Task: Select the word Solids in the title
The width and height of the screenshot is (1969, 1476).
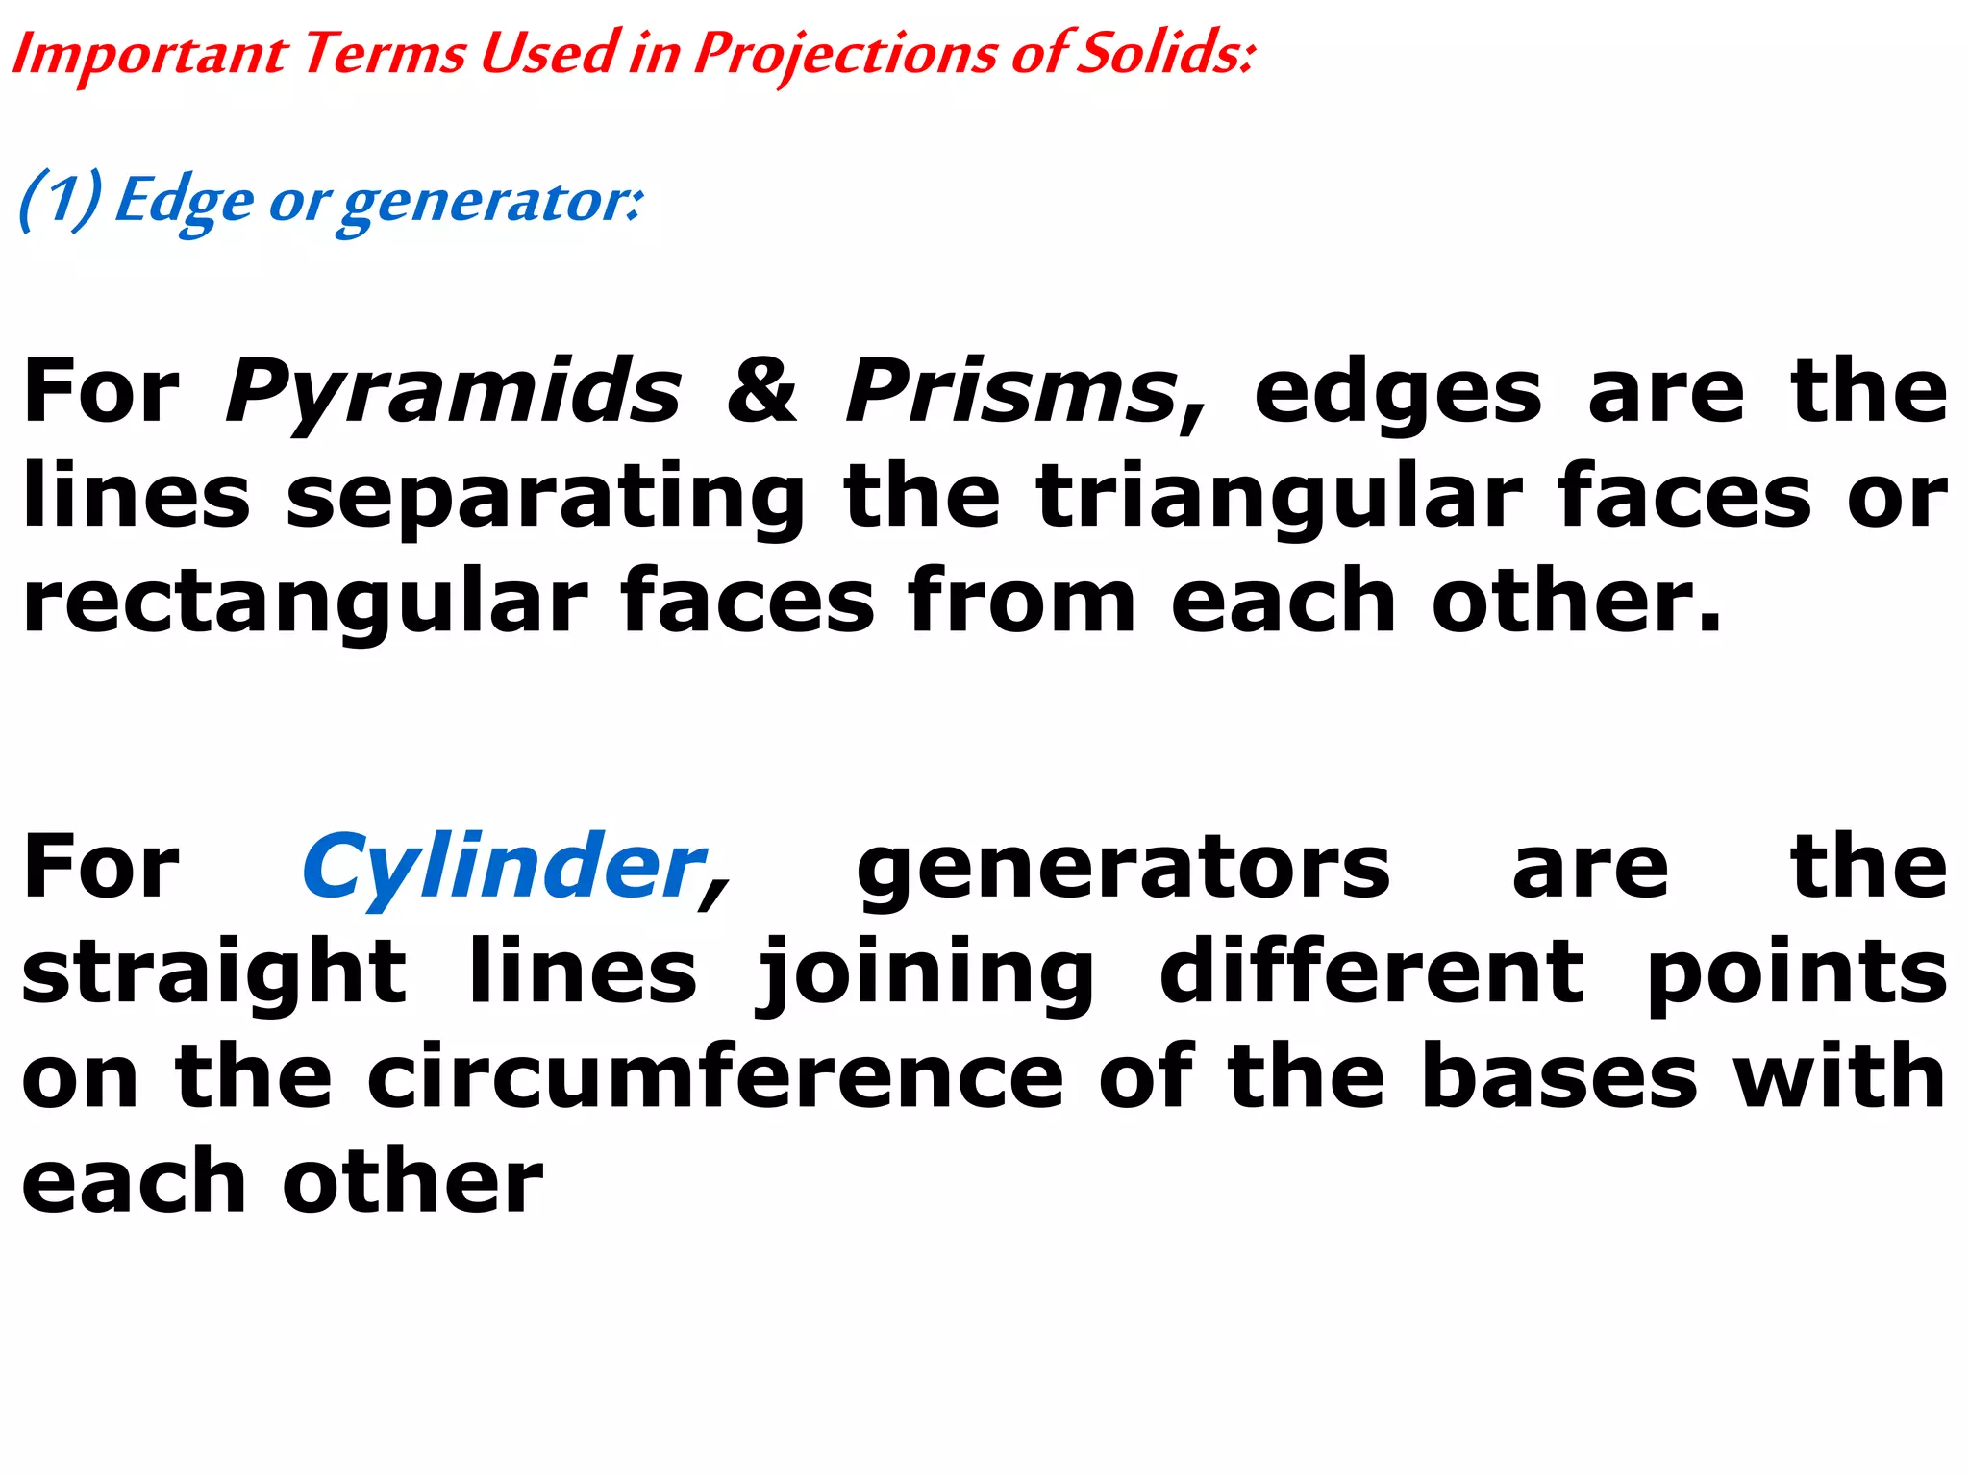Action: [x=1164, y=53]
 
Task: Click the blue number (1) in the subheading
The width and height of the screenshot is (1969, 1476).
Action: [x=60, y=200]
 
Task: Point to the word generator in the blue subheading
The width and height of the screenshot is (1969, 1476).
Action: [x=490, y=202]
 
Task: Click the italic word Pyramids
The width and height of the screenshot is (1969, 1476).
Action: [x=453, y=391]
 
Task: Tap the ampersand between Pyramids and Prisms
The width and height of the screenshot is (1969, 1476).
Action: [x=761, y=391]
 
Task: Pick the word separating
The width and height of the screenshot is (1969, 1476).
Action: [x=545, y=497]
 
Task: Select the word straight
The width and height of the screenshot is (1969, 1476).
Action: [x=214, y=973]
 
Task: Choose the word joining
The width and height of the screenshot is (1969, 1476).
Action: [x=925, y=973]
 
